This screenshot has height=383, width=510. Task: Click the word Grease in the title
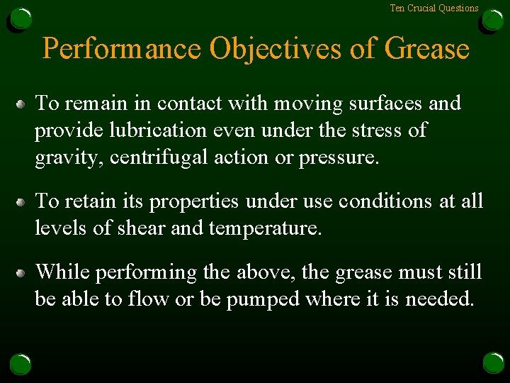(x=427, y=49)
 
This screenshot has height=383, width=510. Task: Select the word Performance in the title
(x=122, y=49)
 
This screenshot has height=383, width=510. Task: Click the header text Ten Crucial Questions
(x=434, y=9)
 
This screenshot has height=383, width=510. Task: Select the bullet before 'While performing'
(x=22, y=273)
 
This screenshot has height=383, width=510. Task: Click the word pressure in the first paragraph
(x=339, y=158)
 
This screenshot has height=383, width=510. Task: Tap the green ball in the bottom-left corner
(x=21, y=364)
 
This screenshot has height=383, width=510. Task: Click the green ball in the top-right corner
(x=493, y=19)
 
